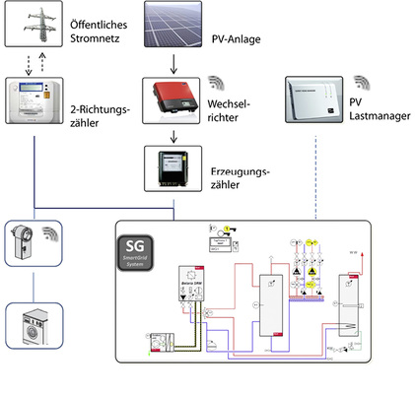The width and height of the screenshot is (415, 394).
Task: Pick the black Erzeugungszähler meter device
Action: click(173, 169)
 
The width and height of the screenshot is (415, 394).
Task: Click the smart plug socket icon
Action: click(27, 241)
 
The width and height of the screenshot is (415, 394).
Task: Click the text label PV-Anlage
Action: click(236, 42)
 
